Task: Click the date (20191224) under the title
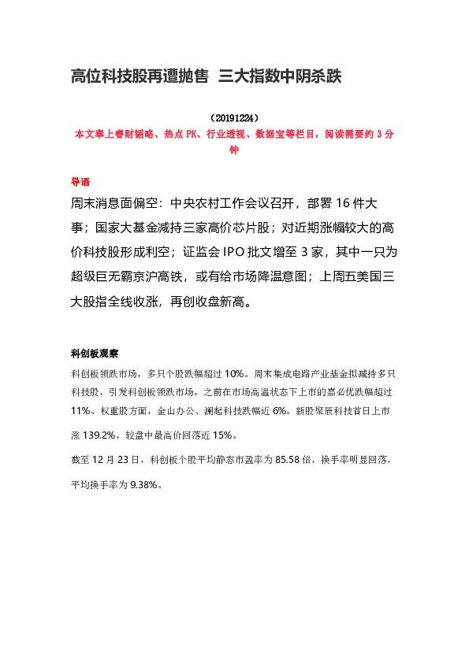click(234, 117)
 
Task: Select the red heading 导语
click(80, 180)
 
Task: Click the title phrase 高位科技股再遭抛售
click(140, 76)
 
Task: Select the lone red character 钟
click(234, 149)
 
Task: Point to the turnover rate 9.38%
click(146, 485)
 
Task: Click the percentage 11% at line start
click(80, 411)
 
